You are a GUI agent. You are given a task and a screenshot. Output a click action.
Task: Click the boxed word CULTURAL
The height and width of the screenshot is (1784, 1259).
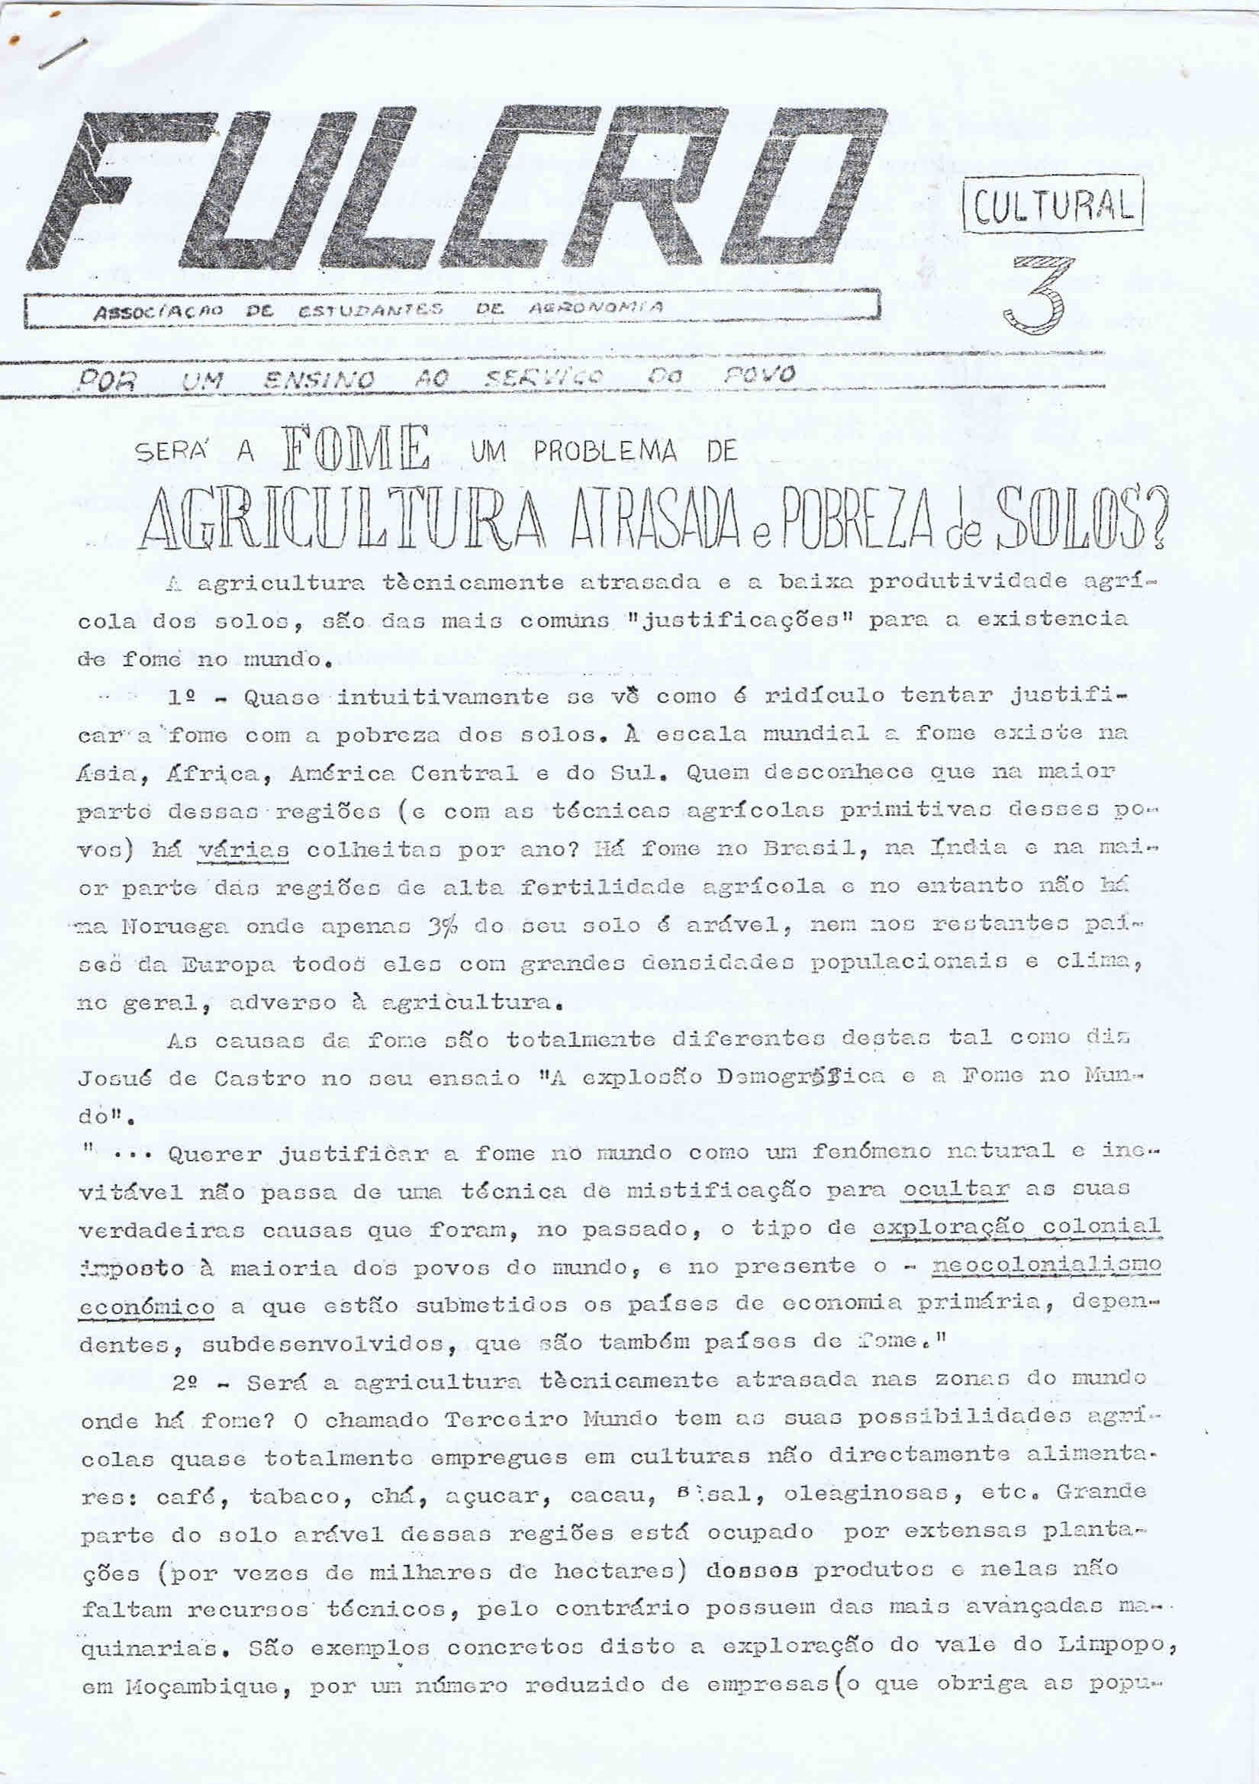1053,204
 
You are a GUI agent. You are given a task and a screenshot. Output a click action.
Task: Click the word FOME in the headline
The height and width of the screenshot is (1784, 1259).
357,449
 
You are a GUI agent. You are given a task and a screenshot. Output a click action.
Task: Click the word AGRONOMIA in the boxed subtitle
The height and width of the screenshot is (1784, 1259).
595,308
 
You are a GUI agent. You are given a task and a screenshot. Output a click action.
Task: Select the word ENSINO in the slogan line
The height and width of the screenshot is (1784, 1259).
320,379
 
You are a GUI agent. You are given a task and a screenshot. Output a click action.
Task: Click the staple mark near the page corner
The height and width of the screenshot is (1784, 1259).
61,54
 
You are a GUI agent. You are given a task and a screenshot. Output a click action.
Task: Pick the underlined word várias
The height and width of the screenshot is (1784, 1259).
243,849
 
